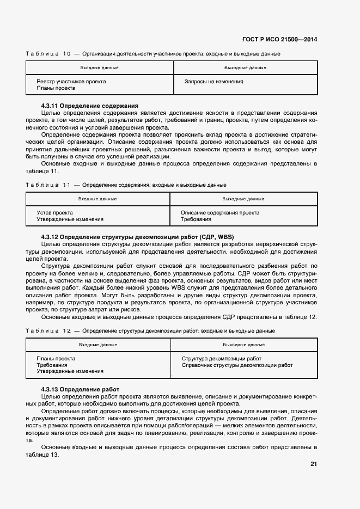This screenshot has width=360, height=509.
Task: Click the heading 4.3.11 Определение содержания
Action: (x=90, y=106)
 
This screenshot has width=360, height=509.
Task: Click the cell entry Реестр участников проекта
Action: (x=71, y=82)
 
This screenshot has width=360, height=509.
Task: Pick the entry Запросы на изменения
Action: (x=214, y=82)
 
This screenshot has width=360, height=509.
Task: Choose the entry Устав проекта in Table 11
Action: (x=55, y=213)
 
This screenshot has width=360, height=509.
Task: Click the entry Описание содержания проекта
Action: (x=220, y=213)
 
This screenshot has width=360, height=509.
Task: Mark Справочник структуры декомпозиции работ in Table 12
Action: (x=237, y=365)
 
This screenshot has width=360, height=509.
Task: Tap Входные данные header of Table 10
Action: (x=99, y=68)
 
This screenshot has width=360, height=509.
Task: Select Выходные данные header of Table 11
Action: (x=243, y=199)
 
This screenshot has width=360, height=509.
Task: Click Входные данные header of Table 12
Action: (x=98, y=345)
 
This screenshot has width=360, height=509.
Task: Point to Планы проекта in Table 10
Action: (x=56, y=88)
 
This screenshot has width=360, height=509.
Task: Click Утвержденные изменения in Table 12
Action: (x=70, y=371)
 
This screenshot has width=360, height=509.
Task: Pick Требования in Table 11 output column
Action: (x=196, y=219)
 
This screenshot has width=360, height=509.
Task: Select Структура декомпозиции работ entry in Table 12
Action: (x=222, y=359)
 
